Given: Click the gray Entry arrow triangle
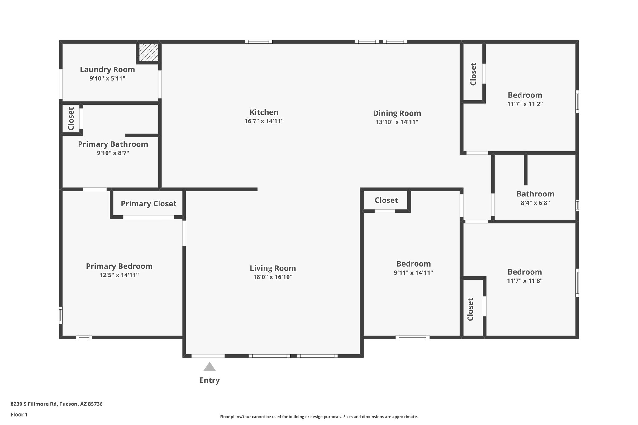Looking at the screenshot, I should [209, 367].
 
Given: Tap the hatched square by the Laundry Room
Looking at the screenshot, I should [148, 52].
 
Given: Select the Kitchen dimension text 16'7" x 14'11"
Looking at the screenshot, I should [264, 121].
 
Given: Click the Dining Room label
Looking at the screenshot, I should [397, 113].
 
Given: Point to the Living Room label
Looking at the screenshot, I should [273, 268].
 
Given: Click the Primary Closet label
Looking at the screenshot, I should [149, 204].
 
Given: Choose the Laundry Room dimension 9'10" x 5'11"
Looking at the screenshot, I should [107, 78].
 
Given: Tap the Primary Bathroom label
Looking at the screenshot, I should [113, 144].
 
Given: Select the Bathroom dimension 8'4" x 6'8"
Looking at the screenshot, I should [535, 203].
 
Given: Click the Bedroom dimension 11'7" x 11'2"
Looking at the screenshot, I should [525, 104].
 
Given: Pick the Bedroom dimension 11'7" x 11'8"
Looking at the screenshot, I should [525, 281].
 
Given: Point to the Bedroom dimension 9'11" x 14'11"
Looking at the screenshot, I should [413, 273].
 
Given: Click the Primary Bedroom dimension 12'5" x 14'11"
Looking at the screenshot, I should [119, 275].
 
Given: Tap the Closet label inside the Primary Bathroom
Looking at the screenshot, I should [71, 119].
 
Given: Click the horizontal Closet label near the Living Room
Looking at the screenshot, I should [386, 200].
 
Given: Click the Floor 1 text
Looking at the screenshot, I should [19, 414].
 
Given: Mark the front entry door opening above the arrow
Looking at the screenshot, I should [208, 356].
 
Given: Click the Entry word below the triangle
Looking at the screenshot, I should [209, 380].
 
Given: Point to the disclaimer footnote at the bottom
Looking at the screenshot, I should [319, 417].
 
